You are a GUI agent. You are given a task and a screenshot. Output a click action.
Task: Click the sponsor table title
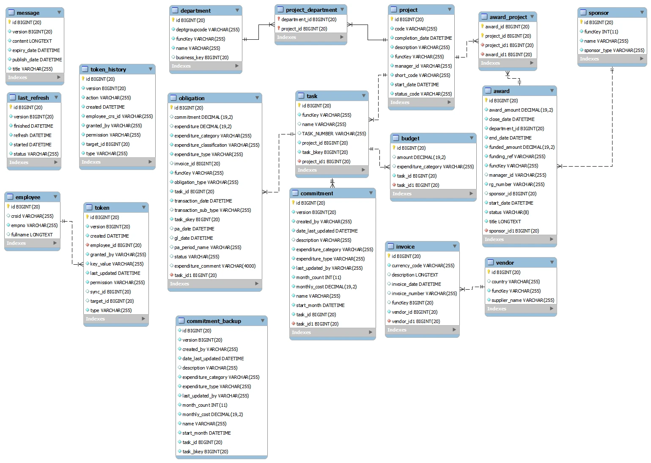[598, 13]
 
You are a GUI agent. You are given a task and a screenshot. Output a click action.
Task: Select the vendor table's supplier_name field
[522, 300]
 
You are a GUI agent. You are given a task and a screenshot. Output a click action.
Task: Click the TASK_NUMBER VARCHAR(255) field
[334, 134]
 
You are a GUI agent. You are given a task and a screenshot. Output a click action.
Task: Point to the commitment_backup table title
[214, 321]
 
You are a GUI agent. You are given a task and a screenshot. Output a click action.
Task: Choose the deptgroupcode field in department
[207, 30]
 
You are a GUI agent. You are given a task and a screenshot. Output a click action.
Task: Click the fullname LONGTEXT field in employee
[32, 235]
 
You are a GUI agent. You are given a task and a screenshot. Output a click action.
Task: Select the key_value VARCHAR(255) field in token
[117, 264]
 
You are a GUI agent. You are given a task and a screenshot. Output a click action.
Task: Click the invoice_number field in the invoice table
[424, 293]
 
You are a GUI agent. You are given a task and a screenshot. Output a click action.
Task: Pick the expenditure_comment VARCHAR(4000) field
[215, 266]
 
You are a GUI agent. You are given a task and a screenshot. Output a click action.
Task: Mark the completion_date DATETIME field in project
[423, 38]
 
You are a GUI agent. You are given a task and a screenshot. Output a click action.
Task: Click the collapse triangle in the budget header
[472, 138]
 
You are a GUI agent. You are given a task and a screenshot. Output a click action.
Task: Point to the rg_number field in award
[516, 184]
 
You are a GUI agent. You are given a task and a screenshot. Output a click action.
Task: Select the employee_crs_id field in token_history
[119, 116]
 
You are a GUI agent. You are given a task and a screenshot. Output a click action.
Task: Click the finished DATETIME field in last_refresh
[33, 126]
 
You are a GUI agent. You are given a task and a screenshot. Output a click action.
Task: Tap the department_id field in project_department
[309, 19]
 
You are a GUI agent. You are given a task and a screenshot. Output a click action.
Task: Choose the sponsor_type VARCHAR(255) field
[614, 50]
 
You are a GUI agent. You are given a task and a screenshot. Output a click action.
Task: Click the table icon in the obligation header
[173, 98]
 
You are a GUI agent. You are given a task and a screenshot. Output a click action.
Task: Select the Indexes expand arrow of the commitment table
[371, 332]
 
